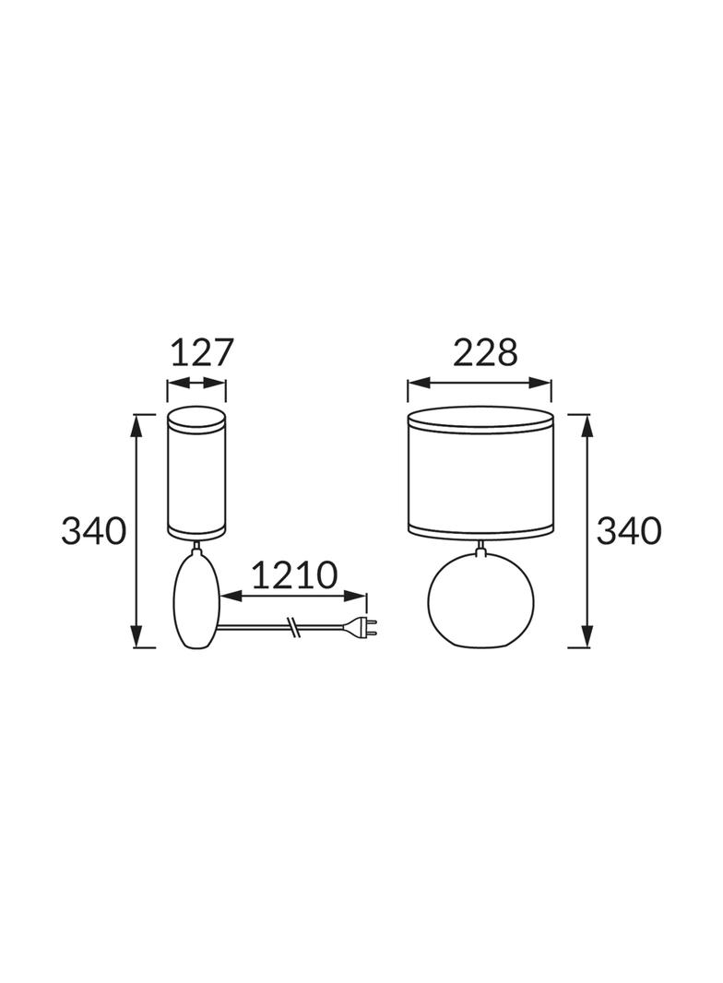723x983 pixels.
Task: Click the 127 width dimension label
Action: click(x=202, y=353)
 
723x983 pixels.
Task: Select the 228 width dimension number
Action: click(x=485, y=353)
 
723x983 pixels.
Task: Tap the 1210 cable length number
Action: click(x=294, y=574)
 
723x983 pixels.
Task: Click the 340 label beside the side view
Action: click(x=93, y=532)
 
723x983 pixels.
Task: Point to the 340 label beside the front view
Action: click(x=628, y=532)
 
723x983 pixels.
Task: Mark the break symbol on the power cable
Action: click(x=293, y=626)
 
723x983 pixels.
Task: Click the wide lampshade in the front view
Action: click(x=481, y=471)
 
